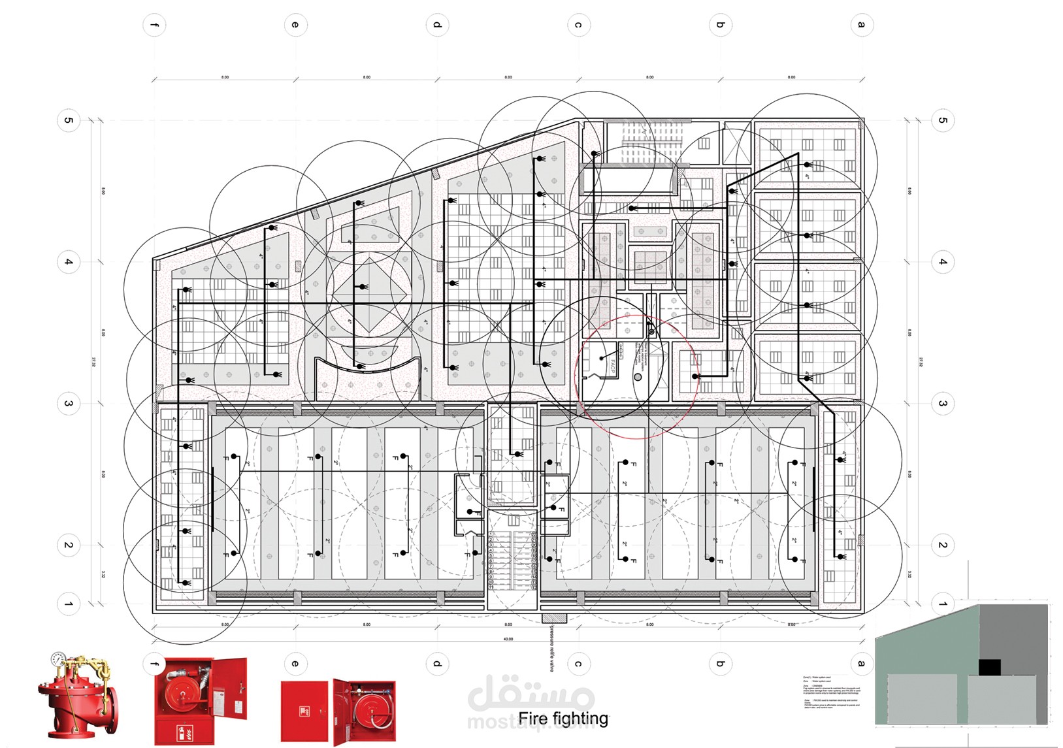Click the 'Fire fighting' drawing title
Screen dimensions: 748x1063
tap(563, 719)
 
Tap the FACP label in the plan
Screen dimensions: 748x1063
tap(613, 366)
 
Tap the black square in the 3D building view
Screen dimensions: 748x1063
tap(989, 667)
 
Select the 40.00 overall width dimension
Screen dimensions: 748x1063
tap(508, 639)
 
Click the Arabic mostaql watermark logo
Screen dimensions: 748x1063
tap(531, 694)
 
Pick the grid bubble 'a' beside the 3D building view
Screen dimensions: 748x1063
tap(862, 664)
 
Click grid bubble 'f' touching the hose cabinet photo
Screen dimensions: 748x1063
tap(154, 664)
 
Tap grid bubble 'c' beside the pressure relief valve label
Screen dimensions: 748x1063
tap(578, 664)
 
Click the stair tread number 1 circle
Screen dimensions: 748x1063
tap(491, 534)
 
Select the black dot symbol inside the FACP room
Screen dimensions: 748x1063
tap(602, 359)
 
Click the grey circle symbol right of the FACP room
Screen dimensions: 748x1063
tap(638, 377)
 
